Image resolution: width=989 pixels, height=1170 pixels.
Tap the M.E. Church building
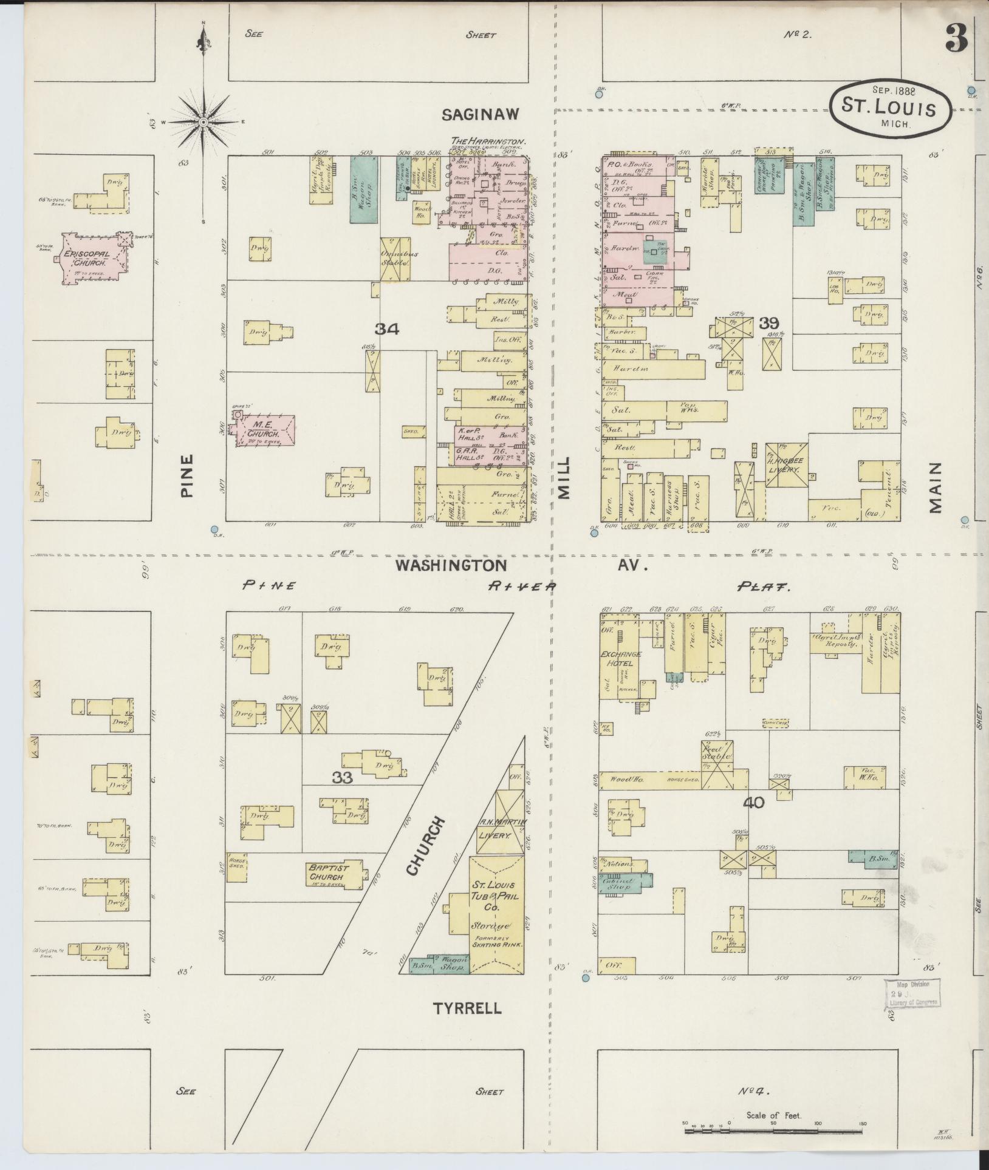pos(265,430)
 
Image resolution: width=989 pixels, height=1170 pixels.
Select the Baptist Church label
pos(328,872)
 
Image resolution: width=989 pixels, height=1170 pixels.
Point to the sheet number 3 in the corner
pos(957,39)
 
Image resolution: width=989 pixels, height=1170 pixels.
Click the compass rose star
pos(204,122)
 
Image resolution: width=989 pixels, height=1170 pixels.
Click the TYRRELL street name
pos(467,1008)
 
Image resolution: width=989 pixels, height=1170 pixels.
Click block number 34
pos(386,330)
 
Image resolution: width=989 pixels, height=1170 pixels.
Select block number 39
pos(768,323)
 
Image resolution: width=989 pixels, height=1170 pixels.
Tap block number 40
pos(754,803)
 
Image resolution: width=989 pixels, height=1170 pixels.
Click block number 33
pos(342,777)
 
